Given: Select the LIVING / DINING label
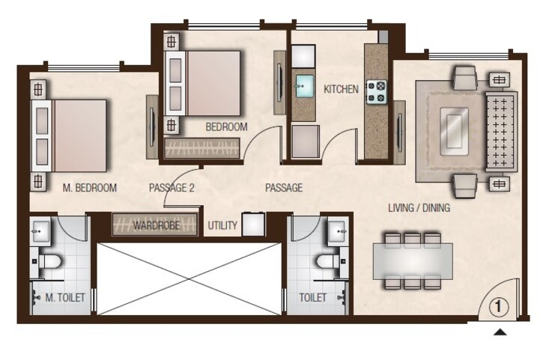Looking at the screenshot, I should [x=419, y=207].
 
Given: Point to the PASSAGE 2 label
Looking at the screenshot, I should [x=172, y=188].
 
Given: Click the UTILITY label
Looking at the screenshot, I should [x=222, y=225].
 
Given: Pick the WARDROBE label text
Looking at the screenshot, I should [x=156, y=225].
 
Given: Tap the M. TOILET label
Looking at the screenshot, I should [x=64, y=298].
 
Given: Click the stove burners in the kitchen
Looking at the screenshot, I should [x=375, y=91].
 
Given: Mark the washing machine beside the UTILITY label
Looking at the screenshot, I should [x=250, y=224].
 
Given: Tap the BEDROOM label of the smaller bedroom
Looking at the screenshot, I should [x=226, y=127].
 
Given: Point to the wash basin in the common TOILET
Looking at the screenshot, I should [x=336, y=232].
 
